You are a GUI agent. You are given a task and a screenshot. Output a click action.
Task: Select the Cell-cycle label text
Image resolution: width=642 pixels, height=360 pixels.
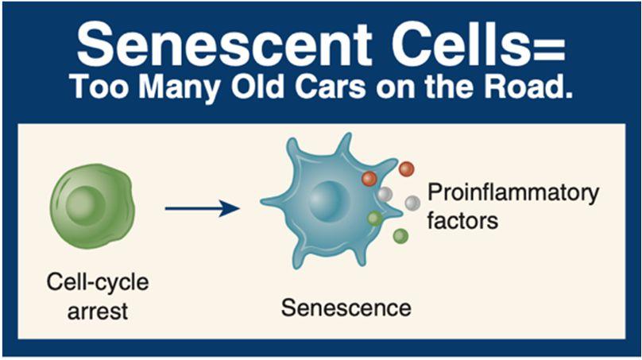click(x=98, y=283)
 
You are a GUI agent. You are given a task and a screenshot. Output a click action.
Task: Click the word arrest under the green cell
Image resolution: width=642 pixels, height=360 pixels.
click(x=98, y=309)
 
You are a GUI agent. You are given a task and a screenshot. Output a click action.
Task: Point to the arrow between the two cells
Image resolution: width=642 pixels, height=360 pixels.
click(x=202, y=209)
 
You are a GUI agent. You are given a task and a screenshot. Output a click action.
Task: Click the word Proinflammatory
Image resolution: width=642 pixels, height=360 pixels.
click(x=512, y=193)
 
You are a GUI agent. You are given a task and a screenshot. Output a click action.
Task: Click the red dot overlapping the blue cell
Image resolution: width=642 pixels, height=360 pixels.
click(x=369, y=179)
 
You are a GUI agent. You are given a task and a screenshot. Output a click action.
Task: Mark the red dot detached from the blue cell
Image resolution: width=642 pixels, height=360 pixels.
click(x=406, y=168)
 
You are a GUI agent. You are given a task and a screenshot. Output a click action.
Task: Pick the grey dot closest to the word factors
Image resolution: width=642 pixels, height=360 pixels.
click(x=412, y=203)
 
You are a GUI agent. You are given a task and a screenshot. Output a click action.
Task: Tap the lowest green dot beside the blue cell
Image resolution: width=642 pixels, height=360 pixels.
click(x=400, y=236)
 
